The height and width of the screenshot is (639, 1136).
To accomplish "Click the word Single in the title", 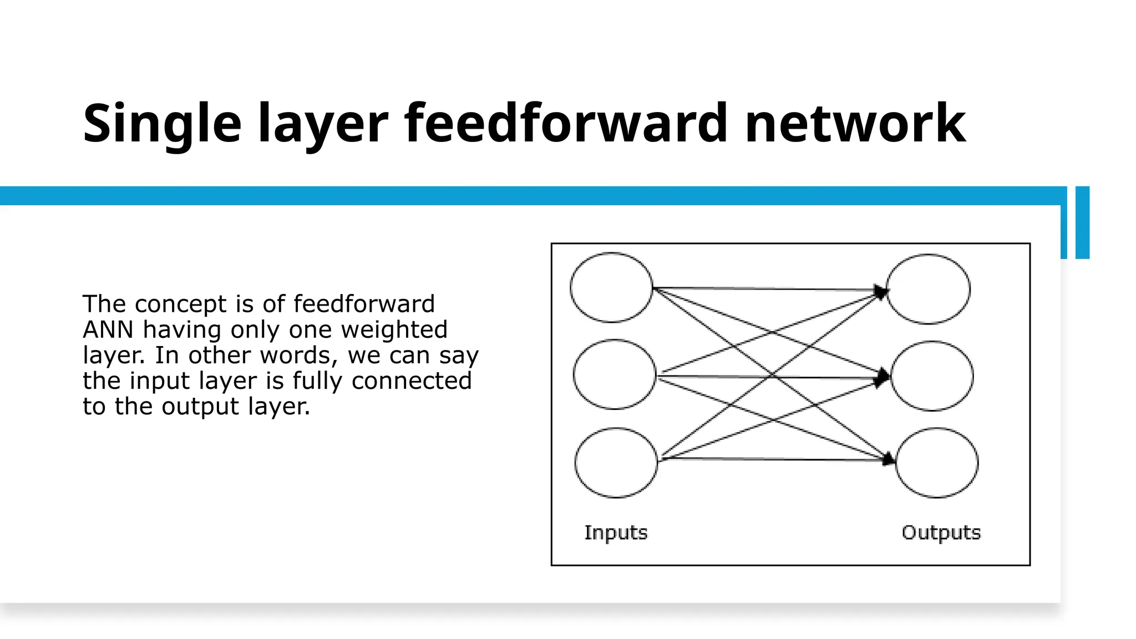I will pyautogui.click(x=162, y=124).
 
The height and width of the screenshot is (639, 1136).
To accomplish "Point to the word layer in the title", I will pyautogui.click(x=323, y=124).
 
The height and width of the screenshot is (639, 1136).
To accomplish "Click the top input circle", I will pyautogui.click(x=611, y=287).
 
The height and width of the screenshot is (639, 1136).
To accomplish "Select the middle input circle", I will pyautogui.click(x=615, y=374).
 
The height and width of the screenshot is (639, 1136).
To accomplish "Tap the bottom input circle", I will pyautogui.click(x=616, y=463).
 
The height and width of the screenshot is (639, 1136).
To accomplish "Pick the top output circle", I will pyautogui.click(x=929, y=289).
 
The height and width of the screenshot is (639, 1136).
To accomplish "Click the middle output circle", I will pyautogui.click(x=932, y=376).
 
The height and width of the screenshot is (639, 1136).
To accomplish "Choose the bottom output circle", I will pyautogui.click(x=937, y=463).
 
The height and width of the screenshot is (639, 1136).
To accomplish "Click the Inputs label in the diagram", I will pyautogui.click(x=616, y=532).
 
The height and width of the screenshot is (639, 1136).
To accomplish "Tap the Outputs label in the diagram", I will pyautogui.click(x=941, y=532).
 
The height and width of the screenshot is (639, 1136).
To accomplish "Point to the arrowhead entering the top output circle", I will pyautogui.click(x=881, y=291).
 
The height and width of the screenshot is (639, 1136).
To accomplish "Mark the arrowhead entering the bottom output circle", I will pyautogui.click(x=889, y=459).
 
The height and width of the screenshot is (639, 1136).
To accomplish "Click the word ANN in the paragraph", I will pyautogui.click(x=108, y=329).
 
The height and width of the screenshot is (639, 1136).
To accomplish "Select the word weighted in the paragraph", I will pyautogui.click(x=394, y=329).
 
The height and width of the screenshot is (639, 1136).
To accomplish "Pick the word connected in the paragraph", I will pyautogui.click(x=412, y=381).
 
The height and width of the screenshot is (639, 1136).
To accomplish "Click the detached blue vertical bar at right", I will pyautogui.click(x=1082, y=222).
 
